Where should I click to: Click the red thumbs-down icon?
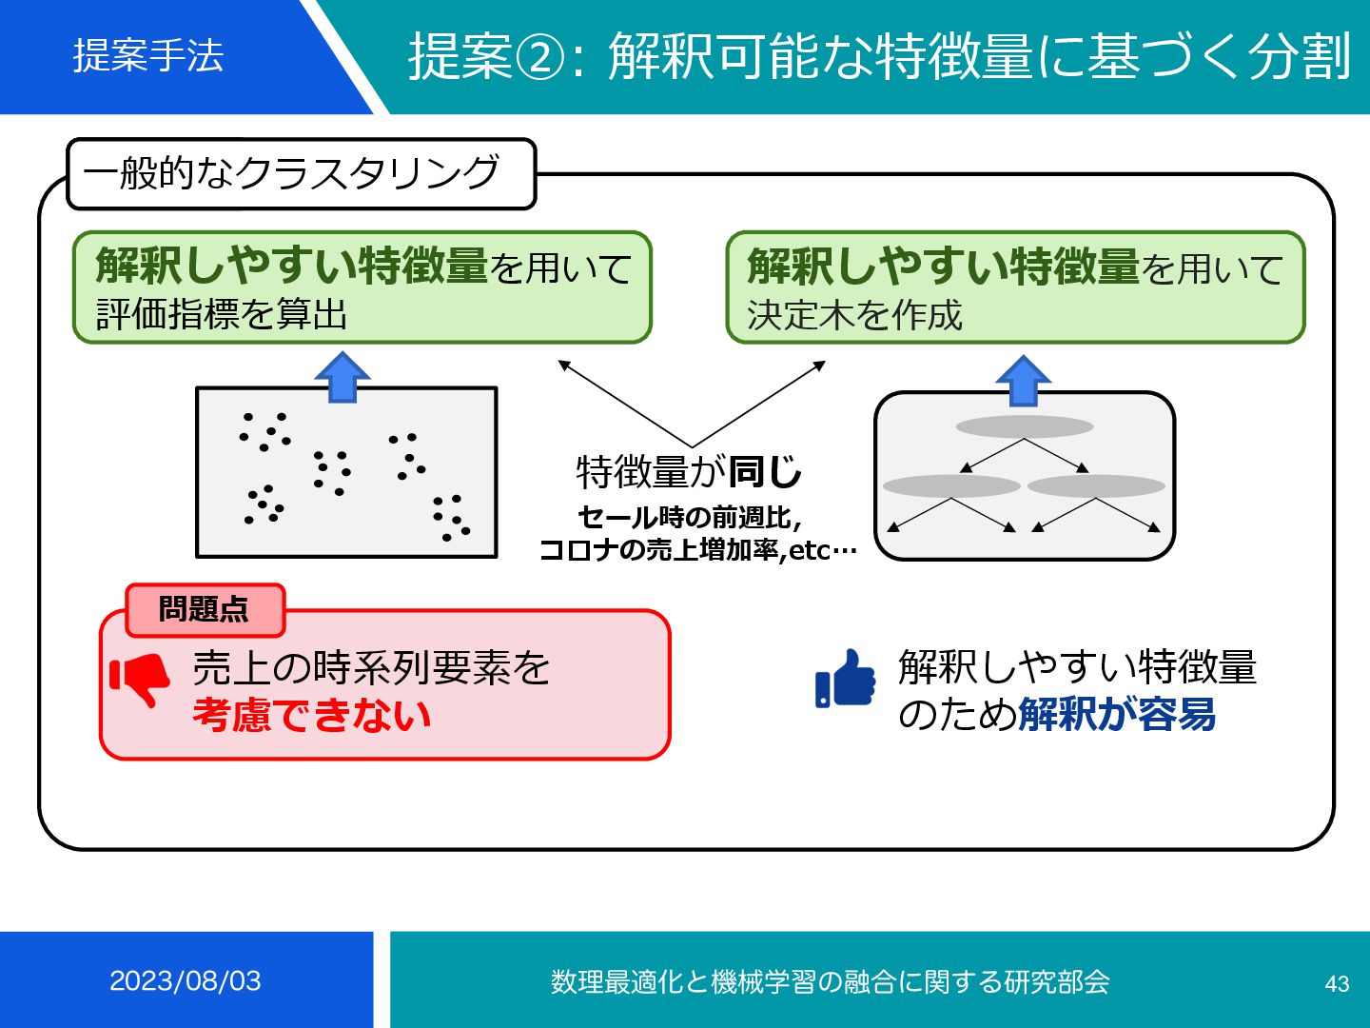140,679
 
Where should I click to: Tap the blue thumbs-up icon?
845,679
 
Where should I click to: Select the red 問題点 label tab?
205,609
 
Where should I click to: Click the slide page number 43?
1337,983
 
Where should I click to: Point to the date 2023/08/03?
186,981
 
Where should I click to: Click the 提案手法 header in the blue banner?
148,55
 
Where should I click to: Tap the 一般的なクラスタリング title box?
301,173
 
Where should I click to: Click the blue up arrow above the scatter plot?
342,377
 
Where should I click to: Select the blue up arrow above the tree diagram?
1023,381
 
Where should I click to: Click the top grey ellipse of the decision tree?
1025,426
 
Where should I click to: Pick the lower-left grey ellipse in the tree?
951,486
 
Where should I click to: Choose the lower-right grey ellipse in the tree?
1096,486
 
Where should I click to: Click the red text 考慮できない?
312,716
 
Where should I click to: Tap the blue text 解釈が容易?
1117,714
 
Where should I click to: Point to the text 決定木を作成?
854,315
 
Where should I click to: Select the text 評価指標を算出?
222,314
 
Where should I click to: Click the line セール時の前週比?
690,518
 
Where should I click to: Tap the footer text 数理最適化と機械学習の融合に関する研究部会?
830,981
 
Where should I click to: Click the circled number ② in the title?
539,57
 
